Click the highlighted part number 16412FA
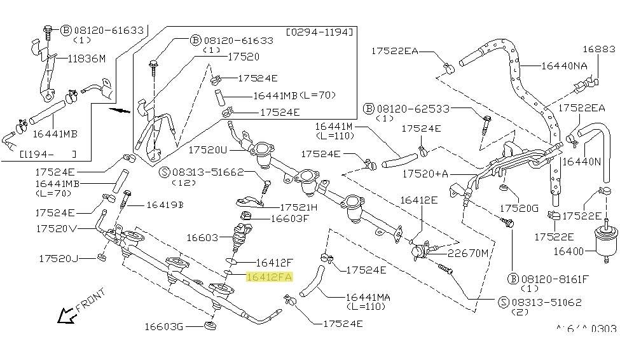click(270, 277)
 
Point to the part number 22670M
click(467, 253)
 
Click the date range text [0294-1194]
click(320, 31)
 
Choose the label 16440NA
click(564, 65)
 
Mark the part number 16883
click(599, 49)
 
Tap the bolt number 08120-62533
click(408, 108)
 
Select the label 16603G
click(163, 327)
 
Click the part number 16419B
click(164, 205)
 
